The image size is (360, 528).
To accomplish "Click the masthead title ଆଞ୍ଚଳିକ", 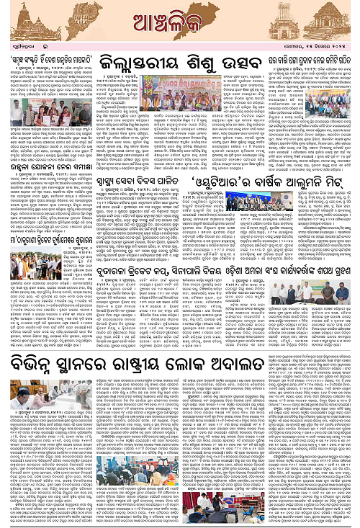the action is coord(180,19).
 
